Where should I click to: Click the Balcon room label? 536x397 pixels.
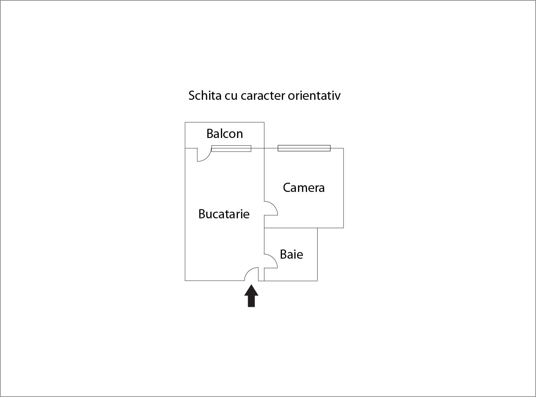(225, 134)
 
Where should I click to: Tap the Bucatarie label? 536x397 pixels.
(224, 214)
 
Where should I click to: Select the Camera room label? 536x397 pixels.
(304, 188)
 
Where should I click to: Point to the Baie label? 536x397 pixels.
(291, 254)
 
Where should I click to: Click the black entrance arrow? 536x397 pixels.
(251, 296)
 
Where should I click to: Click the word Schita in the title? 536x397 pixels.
(205, 95)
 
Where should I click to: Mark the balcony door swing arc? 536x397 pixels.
(207, 157)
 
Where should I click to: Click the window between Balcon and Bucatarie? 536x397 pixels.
(231, 148)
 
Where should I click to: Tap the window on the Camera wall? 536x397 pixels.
(304, 148)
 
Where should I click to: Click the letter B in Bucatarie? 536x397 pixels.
(202, 214)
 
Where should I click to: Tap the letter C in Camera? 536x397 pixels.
(287, 188)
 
